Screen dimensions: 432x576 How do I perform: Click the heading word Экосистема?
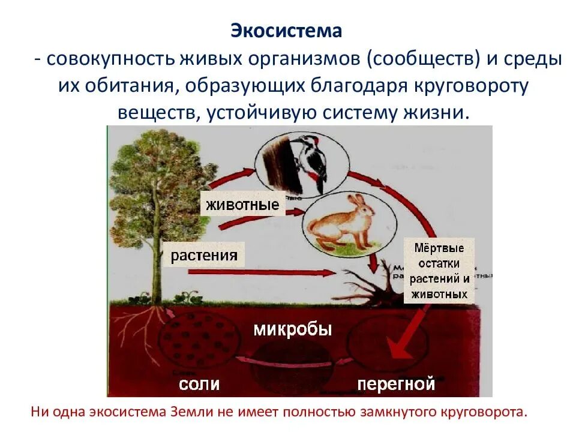[x=286, y=31]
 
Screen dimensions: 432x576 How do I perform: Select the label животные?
[x=243, y=204]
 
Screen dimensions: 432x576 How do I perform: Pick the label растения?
[x=204, y=256]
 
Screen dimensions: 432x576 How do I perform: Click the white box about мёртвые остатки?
[x=439, y=271]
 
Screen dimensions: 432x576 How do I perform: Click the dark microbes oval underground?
[x=291, y=360]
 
